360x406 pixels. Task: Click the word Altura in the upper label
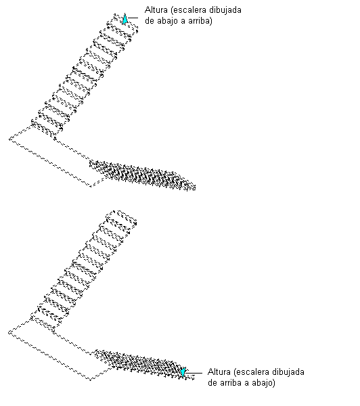tap(156, 10)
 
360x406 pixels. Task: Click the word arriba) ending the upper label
tap(200, 21)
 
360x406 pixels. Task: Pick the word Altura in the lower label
tap(219, 371)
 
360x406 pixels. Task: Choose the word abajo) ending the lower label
tap(262, 383)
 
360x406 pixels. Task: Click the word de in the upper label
tap(150, 21)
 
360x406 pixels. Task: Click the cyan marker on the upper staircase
tap(125, 19)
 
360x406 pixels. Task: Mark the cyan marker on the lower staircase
tap(183, 371)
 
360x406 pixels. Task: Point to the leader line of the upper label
tap(133, 18)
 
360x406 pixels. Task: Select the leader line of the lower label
tap(194, 373)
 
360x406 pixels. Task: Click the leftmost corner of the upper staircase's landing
tap(9, 139)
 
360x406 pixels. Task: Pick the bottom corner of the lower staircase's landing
tap(91, 380)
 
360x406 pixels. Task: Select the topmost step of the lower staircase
tap(121, 217)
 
